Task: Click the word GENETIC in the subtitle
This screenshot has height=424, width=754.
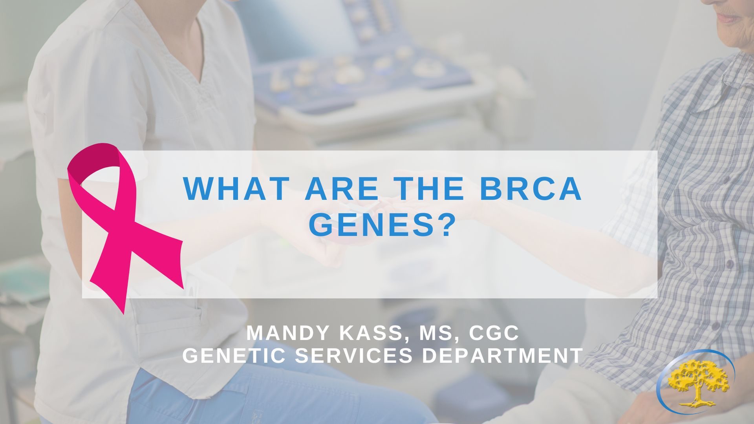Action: pyautogui.click(x=235, y=356)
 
